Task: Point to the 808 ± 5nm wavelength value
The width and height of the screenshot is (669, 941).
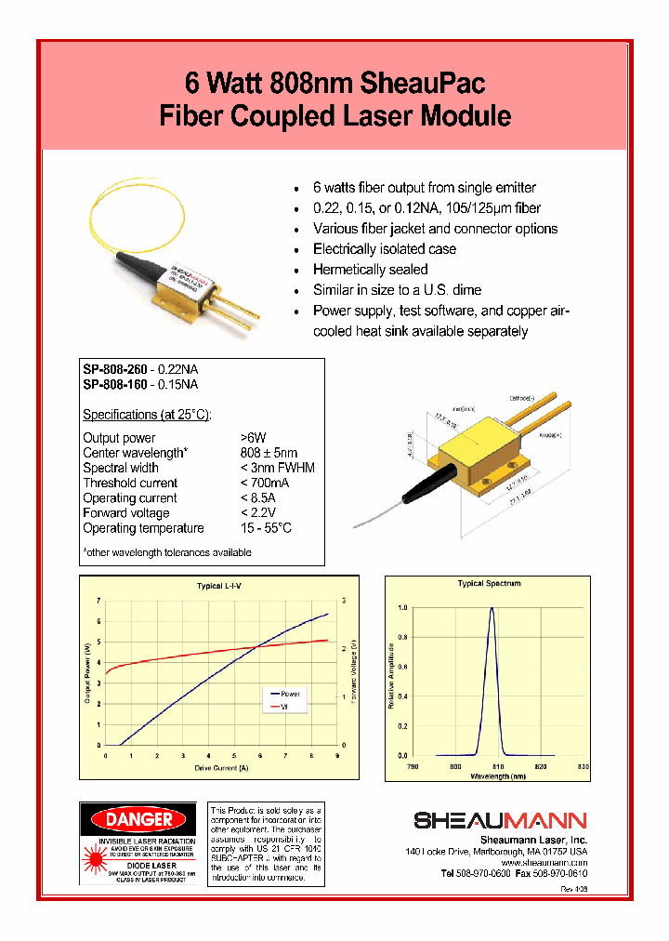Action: pyautogui.click(x=269, y=453)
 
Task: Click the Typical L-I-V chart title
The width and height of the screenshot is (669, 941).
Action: pyautogui.click(x=218, y=586)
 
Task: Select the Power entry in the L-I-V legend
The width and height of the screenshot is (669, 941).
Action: pyautogui.click(x=290, y=694)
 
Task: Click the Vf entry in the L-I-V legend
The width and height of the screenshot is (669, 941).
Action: pyautogui.click(x=284, y=707)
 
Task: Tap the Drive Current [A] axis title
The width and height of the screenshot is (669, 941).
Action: pyautogui.click(x=222, y=768)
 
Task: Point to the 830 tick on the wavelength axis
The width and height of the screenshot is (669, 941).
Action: pyautogui.click(x=583, y=766)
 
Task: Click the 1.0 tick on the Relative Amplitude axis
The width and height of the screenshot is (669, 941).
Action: pyautogui.click(x=402, y=607)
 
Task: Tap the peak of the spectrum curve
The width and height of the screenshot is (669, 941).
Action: pyautogui.click(x=492, y=609)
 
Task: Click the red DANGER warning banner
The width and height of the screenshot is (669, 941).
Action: pyautogui.click(x=138, y=819)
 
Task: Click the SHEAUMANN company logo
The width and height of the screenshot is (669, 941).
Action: pyautogui.click(x=500, y=820)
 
